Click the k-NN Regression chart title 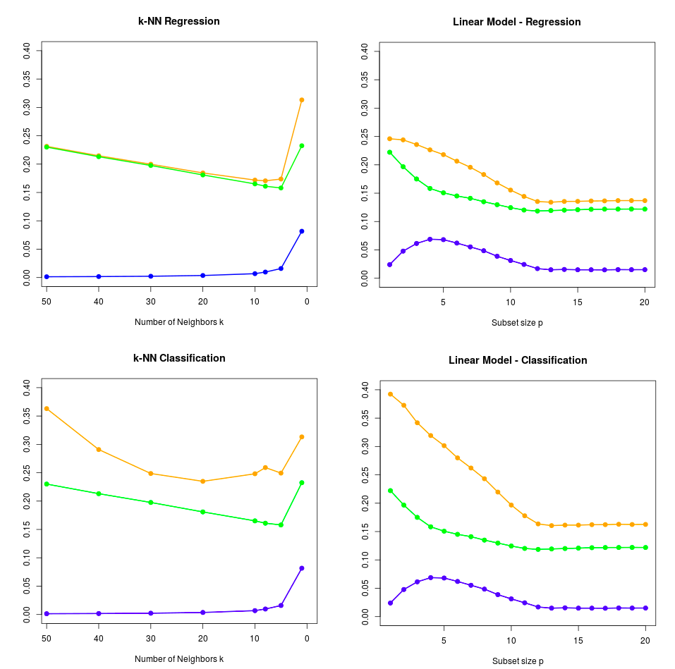coord(178,21)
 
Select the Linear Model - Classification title coord(518,360)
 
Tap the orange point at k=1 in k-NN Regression coord(302,100)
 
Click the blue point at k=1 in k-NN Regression coord(302,231)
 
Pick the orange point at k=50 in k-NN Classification coord(47,409)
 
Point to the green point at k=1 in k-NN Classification coord(302,483)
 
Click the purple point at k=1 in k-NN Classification coord(302,568)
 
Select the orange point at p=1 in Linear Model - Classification coord(391,394)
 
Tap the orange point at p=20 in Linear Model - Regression coord(645,201)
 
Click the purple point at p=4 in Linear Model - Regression coord(430,239)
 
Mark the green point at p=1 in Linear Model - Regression coord(389,152)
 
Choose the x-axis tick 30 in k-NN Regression coord(151,302)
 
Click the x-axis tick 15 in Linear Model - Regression coord(577,302)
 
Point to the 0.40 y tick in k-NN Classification coord(26,388)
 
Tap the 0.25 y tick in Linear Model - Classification coord(365,475)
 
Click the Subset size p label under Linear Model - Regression coord(517,323)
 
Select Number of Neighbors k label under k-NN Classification coord(179,658)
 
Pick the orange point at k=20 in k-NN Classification coord(202,481)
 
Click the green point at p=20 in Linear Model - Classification coord(645,548)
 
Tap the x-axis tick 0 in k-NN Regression coord(307,302)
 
